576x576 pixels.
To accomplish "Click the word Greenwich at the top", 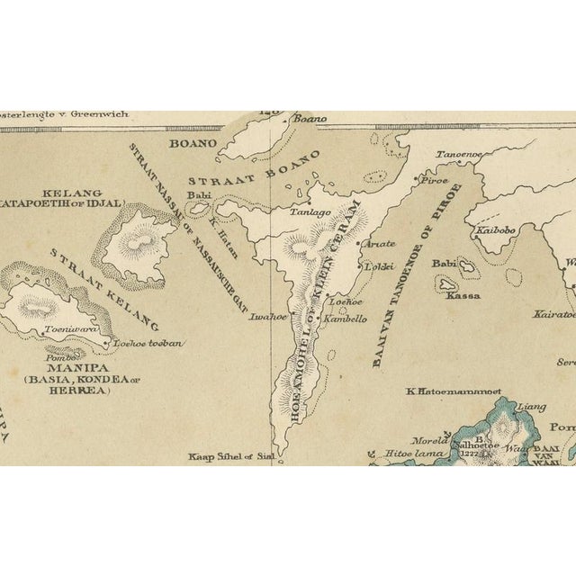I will click(97, 114).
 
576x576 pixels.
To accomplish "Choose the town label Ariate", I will click(379, 243).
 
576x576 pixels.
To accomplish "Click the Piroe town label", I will click(436, 180).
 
